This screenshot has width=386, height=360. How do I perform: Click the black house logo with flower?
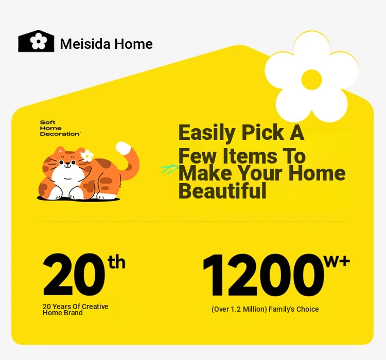coord(36,41)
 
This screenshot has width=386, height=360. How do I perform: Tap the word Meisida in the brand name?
coord(85,44)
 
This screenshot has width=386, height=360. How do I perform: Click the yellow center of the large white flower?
coord(312,80)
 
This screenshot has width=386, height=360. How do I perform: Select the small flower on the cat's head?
coord(87,156)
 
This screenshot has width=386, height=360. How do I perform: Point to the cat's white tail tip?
coord(124,149)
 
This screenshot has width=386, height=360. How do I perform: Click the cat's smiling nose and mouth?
coord(67,166)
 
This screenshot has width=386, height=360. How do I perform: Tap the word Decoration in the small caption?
coord(60,134)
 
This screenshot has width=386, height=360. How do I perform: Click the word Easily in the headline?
coord(207,133)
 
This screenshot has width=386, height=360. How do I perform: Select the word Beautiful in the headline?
coord(222,190)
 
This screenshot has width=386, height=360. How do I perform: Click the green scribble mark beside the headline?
coord(170,169)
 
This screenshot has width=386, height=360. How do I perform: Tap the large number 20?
coord(74,275)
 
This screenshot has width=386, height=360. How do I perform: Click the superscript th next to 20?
coord(116,262)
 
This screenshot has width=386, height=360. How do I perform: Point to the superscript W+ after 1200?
coord(337,261)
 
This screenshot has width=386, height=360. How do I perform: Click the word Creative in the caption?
coord(95,307)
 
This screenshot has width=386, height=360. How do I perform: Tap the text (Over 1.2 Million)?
coord(239,309)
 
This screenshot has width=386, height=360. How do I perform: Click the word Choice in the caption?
coord(307,309)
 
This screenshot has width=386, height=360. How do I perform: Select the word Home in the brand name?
coord(133,44)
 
